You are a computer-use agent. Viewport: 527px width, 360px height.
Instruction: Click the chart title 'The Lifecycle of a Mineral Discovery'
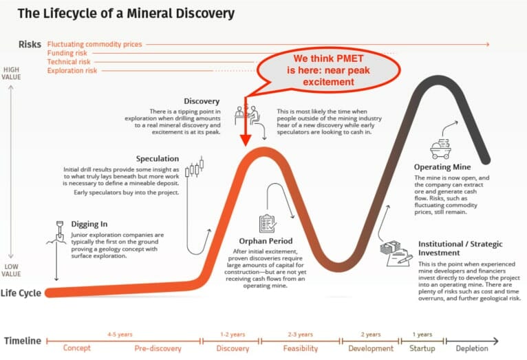(126, 13)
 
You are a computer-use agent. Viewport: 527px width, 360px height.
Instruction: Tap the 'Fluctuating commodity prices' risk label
(94, 44)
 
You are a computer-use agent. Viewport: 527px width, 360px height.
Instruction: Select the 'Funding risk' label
(67, 53)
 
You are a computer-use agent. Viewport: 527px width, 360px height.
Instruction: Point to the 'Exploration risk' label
(72, 70)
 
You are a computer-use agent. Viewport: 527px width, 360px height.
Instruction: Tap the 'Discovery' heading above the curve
(202, 101)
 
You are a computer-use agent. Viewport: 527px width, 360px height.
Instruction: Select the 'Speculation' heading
(158, 158)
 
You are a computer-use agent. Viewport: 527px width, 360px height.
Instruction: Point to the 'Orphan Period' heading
(266, 241)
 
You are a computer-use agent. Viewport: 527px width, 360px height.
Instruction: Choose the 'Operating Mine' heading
(442, 167)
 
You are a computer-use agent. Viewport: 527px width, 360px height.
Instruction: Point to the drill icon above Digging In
(60, 230)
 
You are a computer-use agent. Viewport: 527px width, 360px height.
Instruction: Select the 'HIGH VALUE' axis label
(11, 74)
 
